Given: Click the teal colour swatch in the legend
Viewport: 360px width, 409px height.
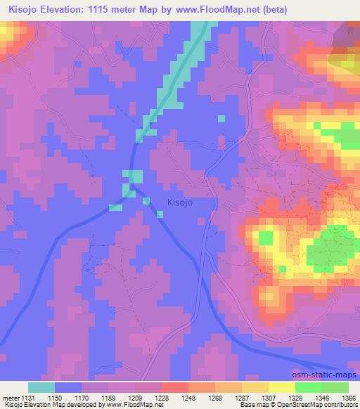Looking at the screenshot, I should click(x=41, y=387).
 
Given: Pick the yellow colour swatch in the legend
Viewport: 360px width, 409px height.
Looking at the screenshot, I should click(x=283, y=387).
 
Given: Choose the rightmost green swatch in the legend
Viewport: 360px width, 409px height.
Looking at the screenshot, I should click(x=335, y=387).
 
